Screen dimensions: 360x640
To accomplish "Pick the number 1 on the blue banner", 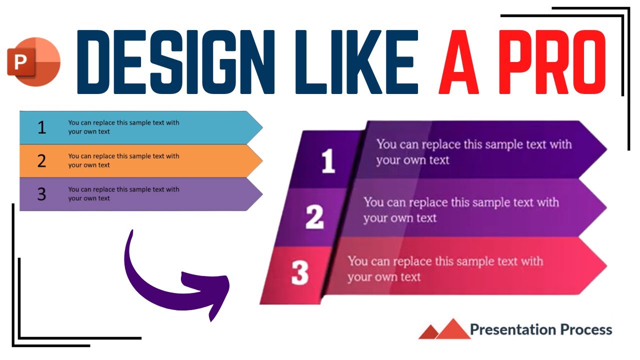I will pyautogui.click(x=41, y=127).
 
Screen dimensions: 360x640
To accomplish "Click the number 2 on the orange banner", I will pyautogui.click(x=41, y=161).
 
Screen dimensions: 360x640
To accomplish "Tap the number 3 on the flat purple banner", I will pyautogui.click(x=41, y=194).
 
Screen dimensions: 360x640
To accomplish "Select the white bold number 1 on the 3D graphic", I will pyautogui.click(x=328, y=161).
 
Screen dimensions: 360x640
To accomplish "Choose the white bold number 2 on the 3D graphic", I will pyautogui.click(x=314, y=217).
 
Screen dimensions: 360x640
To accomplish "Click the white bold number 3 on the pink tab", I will pyautogui.click(x=299, y=273).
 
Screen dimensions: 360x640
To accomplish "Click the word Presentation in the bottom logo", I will pyautogui.click(x=513, y=330).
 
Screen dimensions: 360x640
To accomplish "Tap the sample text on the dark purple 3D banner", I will pyautogui.click(x=473, y=152).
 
